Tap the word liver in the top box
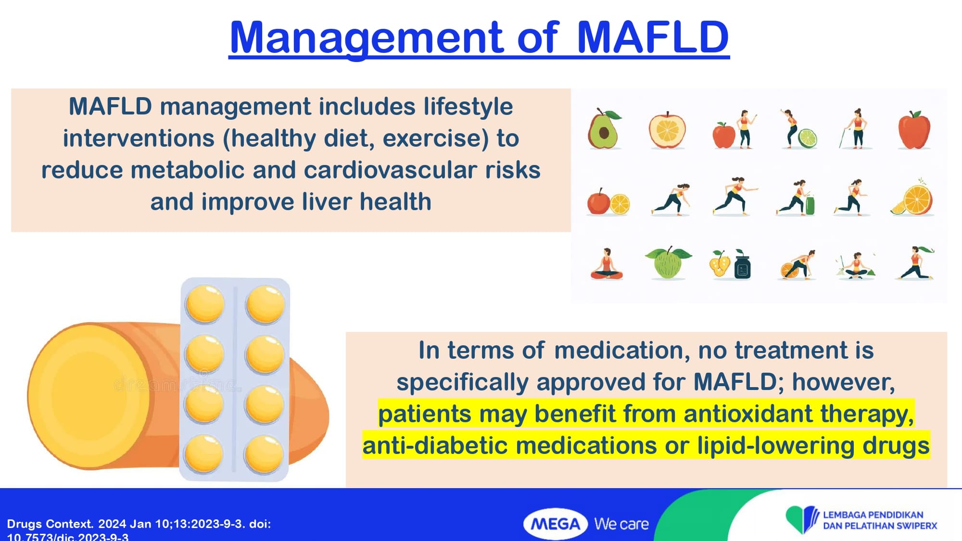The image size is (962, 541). (327, 202)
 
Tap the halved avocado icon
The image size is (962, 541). (604, 128)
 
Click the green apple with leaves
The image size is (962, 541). (668, 263)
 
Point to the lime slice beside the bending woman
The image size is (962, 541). (808, 138)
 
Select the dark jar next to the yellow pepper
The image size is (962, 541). (743, 265)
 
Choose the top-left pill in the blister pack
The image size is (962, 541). (205, 303)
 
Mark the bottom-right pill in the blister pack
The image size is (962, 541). (264, 454)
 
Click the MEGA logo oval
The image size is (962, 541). (556, 524)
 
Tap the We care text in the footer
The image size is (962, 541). (621, 524)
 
